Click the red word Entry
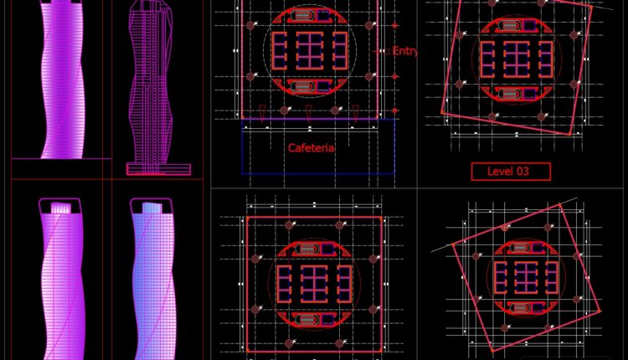[x=404, y=51]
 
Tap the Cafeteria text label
[x=311, y=148]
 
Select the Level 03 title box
[x=511, y=172]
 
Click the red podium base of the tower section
[x=158, y=168]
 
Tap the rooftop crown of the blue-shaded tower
[x=152, y=206]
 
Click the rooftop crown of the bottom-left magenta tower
[x=60, y=206]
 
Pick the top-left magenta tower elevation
[x=64, y=80]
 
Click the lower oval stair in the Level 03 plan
[x=511, y=93]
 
